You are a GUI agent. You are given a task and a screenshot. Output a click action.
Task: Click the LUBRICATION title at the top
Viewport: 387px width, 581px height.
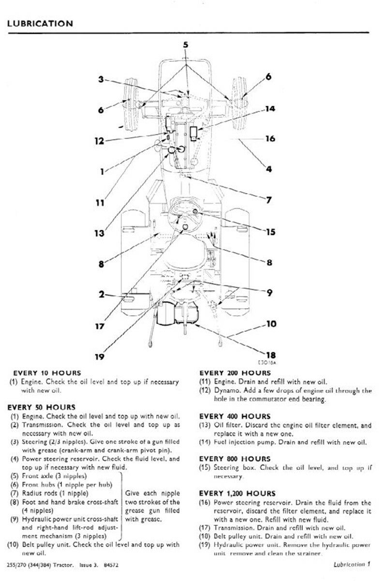pyautogui.click(x=41, y=23)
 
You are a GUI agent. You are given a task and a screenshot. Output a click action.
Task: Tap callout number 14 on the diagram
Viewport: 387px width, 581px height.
pyautogui.click(x=270, y=109)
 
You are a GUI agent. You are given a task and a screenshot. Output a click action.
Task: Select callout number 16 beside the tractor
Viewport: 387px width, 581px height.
pyautogui.click(x=270, y=139)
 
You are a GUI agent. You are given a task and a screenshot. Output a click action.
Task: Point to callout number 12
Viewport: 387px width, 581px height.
pyautogui.click(x=99, y=142)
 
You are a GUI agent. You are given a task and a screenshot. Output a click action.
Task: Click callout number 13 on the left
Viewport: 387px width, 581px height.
pyautogui.click(x=99, y=233)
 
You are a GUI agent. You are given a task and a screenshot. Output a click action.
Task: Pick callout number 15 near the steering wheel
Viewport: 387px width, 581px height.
pyautogui.click(x=270, y=232)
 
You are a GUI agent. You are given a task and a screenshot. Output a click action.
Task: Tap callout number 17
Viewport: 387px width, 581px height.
pyautogui.click(x=99, y=326)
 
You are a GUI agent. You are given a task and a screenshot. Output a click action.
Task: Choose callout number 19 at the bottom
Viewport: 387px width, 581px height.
pyautogui.click(x=99, y=357)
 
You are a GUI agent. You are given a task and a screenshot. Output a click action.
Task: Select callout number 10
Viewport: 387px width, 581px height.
pyautogui.click(x=270, y=324)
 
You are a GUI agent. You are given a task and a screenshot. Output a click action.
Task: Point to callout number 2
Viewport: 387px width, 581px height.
pyautogui.click(x=102, y=294)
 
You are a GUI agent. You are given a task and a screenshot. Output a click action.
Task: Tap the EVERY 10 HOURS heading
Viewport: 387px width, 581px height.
pyautogui.click(x=47, y=372)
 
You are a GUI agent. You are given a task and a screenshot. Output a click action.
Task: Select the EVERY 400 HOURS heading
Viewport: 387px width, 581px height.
pyautogui.click(x=235, y=416)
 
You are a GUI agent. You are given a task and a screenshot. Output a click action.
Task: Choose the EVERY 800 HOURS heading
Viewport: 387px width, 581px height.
pyautogui.click(x=235, y=458)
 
